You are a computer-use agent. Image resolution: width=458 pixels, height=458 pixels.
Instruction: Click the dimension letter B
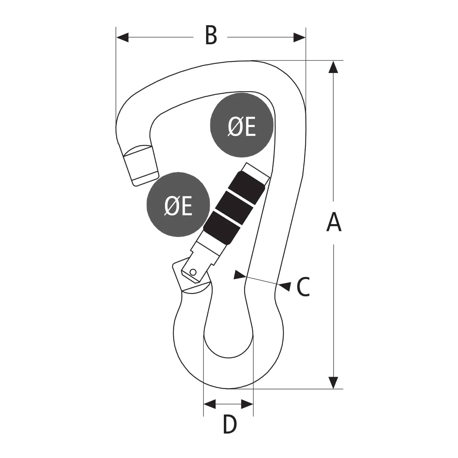point(211,36)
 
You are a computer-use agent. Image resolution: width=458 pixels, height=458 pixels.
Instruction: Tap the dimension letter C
point(303,287)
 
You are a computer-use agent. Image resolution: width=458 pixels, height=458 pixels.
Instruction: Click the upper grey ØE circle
point(242,125)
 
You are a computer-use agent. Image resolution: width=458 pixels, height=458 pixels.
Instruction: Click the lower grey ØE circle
point(178,204)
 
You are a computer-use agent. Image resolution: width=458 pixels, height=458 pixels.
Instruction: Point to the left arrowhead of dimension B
point(122,38)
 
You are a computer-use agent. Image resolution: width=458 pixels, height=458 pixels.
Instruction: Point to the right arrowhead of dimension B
point(299,38)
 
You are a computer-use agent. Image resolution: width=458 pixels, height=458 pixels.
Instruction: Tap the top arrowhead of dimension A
point(333,67)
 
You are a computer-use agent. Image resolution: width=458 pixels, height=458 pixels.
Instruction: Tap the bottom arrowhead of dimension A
point(333,383)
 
